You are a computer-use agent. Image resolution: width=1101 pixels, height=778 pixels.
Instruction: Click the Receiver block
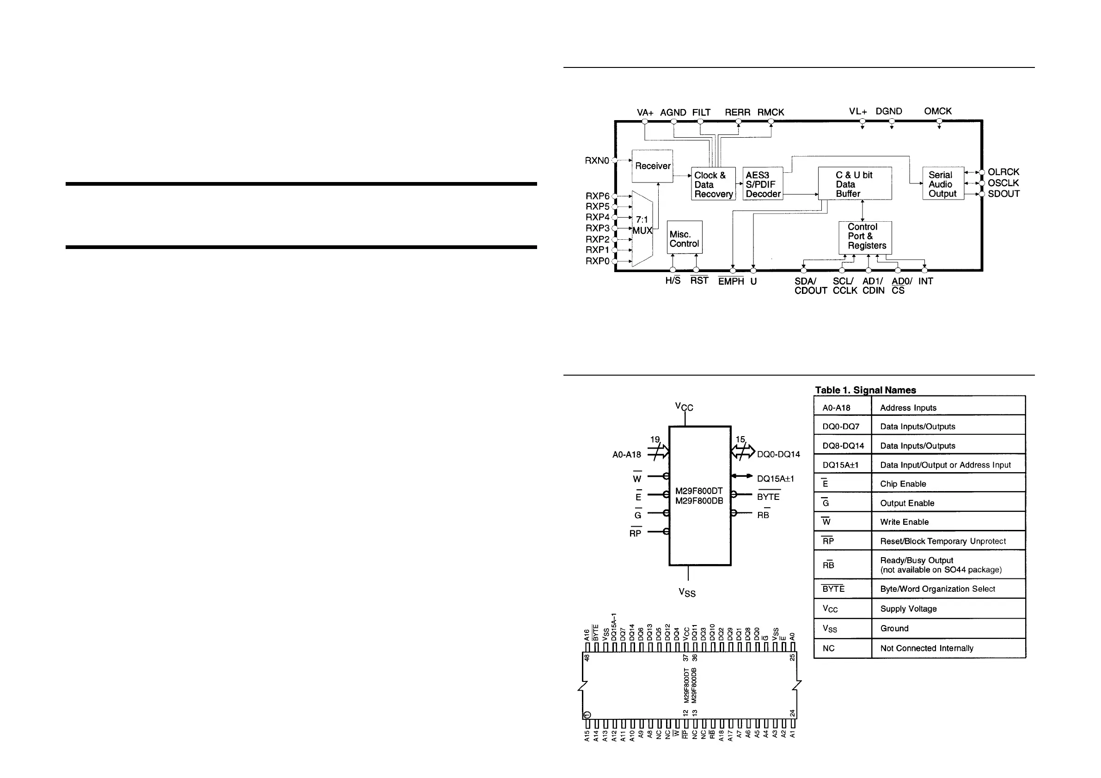[652, 166]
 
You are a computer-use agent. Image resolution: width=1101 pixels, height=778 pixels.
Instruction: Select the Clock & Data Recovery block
[713, 184]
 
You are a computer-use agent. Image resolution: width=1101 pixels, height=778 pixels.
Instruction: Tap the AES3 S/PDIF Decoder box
[763, 184]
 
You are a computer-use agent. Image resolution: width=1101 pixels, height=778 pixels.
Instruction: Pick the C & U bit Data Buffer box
[855, 183]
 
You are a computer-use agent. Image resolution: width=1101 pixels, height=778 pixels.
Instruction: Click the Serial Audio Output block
[943, 184]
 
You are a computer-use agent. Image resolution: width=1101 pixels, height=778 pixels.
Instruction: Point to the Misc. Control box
[684, 238]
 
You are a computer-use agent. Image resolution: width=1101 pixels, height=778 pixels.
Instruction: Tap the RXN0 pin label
[597, 161]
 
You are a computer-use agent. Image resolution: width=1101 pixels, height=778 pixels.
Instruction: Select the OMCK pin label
[937, 111]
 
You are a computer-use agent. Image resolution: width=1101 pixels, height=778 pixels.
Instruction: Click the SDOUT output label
[1003, 194]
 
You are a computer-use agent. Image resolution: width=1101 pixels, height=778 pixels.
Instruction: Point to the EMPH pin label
[731, 281]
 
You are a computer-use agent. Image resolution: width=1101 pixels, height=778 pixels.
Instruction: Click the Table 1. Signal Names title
[866, 390]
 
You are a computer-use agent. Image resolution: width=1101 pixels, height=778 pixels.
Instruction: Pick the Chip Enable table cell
[903, 484]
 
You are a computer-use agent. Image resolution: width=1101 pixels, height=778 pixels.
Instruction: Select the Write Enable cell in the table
[904, 522]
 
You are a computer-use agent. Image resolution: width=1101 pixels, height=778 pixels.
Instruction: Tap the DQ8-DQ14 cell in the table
[843, 446]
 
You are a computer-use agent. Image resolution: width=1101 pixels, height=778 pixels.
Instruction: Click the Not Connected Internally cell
[926, 649]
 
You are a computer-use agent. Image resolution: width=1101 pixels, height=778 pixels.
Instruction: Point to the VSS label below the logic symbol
[687, 592]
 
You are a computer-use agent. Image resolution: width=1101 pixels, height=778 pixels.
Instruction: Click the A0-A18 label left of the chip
[626, 455]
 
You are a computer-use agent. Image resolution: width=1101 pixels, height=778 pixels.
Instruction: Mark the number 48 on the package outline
[587, 658]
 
